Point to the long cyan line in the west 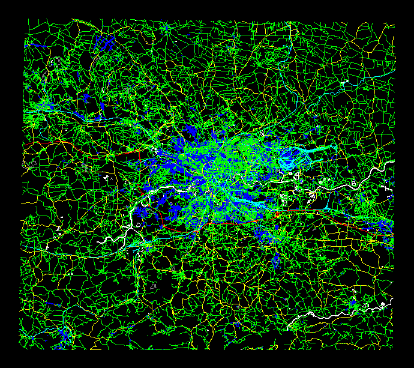[x=78, y=114]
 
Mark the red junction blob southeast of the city [x=277, y=214]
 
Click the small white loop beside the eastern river [x=311, y=195]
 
